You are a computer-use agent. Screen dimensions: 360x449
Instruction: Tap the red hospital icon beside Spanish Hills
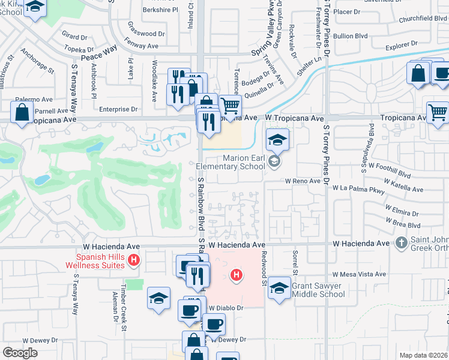pyautogui.click(x=134, y=260)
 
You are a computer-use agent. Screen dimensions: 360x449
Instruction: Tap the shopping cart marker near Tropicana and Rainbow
pyautogui.click(x=230, y=107)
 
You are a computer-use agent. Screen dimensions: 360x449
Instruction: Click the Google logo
pyautogui.click(x=20, y=353)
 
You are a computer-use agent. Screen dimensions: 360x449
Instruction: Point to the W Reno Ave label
pyautogui.click(x=303, y=181)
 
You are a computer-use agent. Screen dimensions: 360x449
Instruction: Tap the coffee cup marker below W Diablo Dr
pyautogui.click(x=214, y=325)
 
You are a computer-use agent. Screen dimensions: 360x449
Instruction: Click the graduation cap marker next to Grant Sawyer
pyautogui.click(x=278, y=289)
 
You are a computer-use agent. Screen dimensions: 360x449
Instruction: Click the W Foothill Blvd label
pyautogui.click(x=390, y=169)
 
